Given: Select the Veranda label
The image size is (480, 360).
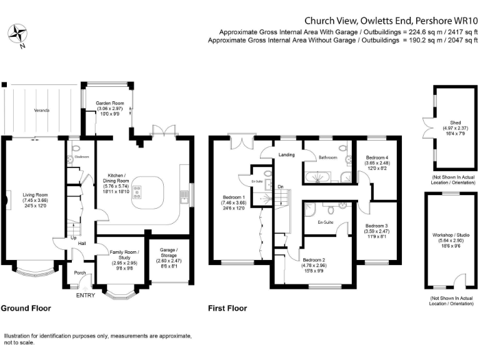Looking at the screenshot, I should pyautogui.click(x=42, y=110).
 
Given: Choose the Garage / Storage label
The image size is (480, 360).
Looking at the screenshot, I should pyautogui.click(x=165, y=255).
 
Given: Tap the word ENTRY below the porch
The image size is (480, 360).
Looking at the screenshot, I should pyautogui.click(x=85, y=295).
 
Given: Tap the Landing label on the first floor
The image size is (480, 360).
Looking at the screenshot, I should pyautogui.click(x=287, y=154).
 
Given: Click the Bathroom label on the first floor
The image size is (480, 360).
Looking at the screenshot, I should pyautogui.click(x=326, y=157).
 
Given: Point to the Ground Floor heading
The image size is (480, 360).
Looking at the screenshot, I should pyautogui.click(x=26, y=308).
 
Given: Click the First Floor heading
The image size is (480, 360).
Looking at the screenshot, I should pyautogui.click(x=227, y=308).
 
